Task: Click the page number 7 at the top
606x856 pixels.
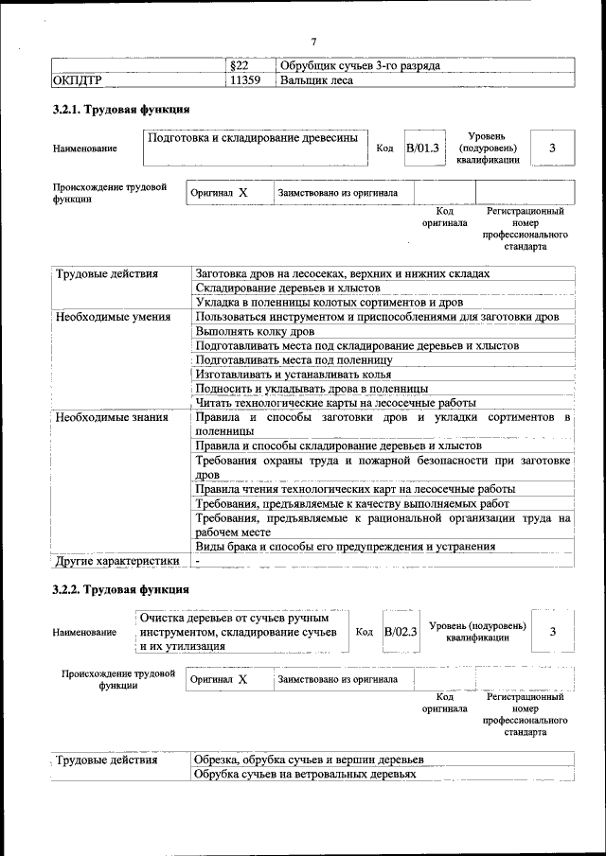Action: coord(312,41)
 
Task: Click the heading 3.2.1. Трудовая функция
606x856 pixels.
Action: coord(120,110)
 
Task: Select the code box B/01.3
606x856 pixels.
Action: coord(422,148)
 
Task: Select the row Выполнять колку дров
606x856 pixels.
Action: coord(256,331)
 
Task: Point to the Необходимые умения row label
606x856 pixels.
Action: coord(113,317)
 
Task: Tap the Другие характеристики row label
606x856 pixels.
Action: coord(116,560)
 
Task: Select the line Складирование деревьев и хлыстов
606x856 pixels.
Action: coord(288,288)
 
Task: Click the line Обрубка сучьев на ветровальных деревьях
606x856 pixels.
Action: coord(305,774)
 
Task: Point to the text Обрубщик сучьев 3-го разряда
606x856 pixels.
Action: coord(360,65)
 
